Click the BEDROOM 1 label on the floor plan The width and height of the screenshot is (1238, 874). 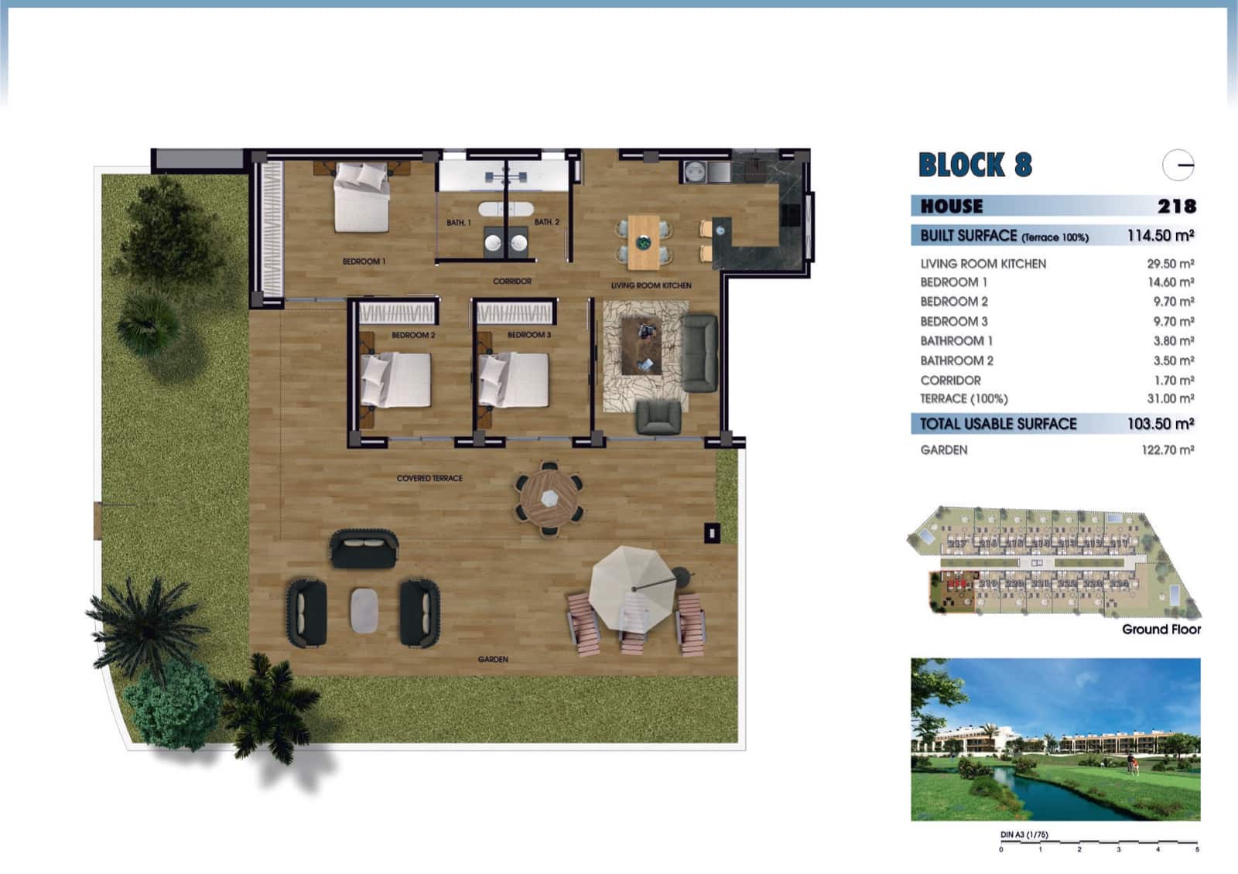364,261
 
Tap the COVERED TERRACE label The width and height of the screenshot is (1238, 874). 429,479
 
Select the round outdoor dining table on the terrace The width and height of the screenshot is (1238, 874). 549,498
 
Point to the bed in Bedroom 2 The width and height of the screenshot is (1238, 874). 396,380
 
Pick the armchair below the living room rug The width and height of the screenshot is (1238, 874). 658,417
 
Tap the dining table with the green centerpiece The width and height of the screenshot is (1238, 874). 643,242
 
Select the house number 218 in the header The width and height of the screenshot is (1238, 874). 1177,207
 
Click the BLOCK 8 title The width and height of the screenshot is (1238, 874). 975,166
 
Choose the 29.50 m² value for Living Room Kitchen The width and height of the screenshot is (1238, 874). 1170,264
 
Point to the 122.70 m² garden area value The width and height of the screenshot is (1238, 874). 1168,450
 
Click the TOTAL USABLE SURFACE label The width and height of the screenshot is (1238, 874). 998,424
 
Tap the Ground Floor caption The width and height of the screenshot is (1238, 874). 1161,630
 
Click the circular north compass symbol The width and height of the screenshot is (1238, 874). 1178,165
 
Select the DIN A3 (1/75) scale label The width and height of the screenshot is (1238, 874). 1024,835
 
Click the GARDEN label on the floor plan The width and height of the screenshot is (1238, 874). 493,660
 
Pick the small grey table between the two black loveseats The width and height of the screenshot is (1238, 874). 364,611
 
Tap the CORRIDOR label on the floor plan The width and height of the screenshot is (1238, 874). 512,282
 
